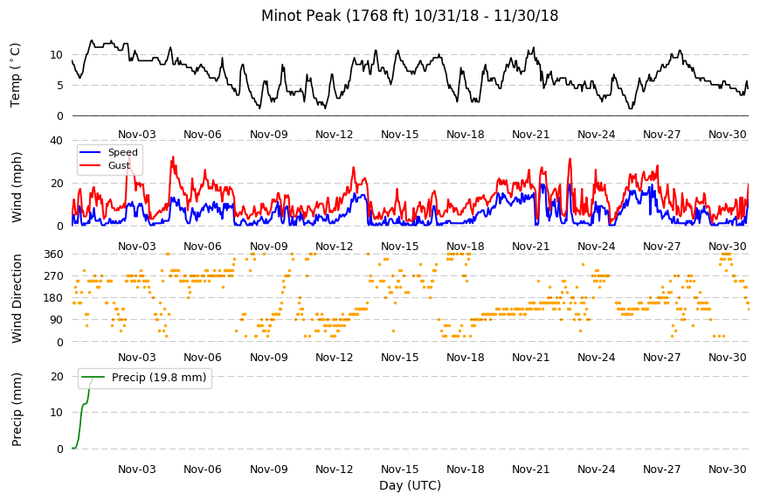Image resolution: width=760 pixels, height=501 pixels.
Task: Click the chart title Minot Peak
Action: point(294,16)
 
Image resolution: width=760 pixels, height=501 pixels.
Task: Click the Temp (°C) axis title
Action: point(16,75)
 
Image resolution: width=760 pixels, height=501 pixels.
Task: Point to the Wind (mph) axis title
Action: point(17,187)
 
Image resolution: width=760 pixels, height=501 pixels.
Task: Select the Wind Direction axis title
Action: point(17,298)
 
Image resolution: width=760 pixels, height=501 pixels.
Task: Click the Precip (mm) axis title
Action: point(17,409)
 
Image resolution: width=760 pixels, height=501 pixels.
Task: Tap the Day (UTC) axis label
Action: point(410,485)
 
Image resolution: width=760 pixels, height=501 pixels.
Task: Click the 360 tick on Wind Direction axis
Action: point(54,254)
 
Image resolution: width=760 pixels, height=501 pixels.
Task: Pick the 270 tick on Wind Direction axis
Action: point(54,276)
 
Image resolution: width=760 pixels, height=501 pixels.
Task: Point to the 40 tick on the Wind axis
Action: point(57,141)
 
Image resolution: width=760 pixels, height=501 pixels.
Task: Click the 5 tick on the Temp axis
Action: point(60,86)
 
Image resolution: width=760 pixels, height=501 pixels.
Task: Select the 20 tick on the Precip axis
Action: point(57,377)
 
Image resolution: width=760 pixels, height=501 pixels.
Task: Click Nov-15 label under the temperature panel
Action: point(400,135)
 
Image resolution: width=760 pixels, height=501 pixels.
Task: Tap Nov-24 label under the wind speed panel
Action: point(596,247)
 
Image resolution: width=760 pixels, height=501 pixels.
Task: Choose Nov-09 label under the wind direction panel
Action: point(269,358)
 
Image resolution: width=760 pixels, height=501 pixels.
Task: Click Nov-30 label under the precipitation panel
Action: point(728,470)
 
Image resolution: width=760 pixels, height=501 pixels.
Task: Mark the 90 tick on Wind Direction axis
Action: point(57,320)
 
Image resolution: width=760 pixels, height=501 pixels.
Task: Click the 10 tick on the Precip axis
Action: point(57,413)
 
